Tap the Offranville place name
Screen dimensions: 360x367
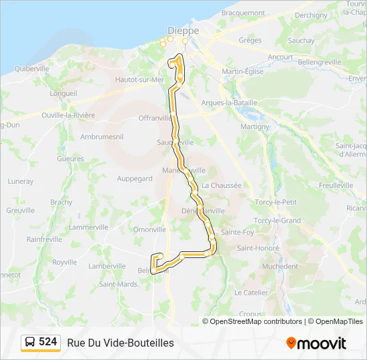point(155,118)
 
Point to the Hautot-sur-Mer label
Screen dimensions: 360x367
point(139,79)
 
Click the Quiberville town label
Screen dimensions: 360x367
point(33,69)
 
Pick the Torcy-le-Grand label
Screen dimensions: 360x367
point(278,221)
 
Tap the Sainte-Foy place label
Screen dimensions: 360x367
point(238,233)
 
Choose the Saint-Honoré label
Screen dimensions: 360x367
point(258,249)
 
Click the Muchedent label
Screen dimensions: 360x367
point(280,266)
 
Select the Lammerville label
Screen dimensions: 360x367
point(88,227)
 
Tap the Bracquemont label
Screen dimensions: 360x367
point(243,13)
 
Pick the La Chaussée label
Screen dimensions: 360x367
point(221,185)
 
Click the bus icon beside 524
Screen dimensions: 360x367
point(30,343)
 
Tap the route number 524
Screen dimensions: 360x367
point(48,342)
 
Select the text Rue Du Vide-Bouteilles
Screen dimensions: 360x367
point(120,343)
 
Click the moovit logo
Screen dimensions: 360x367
point(316,343)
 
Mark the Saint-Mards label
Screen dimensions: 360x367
point(118,284)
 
